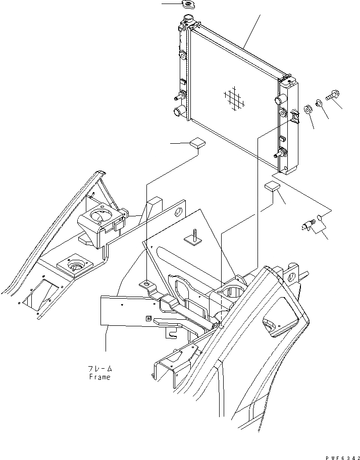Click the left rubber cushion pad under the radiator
coord(197,143)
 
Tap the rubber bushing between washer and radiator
coord(307,109)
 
